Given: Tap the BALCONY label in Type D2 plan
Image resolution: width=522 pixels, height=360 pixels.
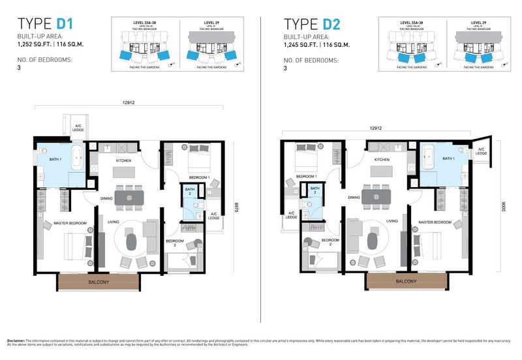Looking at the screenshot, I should tap(406, 281).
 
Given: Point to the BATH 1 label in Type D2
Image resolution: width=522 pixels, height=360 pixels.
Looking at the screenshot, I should tap(449, 158).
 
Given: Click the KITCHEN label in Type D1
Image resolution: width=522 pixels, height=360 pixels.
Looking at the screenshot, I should tap(124, 160).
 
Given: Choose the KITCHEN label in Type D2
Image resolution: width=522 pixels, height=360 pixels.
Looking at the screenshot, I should tap(382, 160).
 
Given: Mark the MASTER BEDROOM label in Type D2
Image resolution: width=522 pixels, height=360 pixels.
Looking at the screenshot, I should tap(435, 222).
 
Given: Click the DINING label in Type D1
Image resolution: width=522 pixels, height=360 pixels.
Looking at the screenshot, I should tap(108, 198).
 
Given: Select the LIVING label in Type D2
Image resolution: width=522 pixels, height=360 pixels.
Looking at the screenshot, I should tap(391, 221).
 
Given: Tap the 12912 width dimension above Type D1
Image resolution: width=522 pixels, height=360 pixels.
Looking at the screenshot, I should tap(128, 102).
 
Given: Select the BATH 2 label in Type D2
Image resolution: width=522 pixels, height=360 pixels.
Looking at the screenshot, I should tap(314, 191).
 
